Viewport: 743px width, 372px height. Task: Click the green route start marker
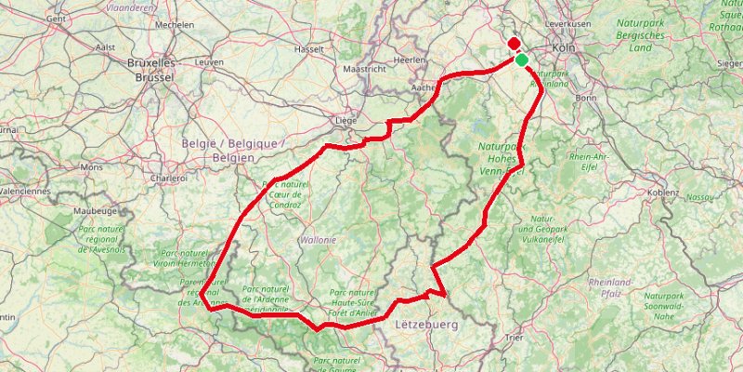522,60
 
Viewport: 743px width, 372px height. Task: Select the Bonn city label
586,97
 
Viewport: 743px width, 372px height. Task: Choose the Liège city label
345,120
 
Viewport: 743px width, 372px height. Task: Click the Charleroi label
169,177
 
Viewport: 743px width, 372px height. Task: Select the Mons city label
92,167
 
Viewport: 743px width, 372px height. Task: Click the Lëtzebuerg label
427,325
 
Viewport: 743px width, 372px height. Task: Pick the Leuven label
211,61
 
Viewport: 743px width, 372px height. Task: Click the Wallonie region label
317,240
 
